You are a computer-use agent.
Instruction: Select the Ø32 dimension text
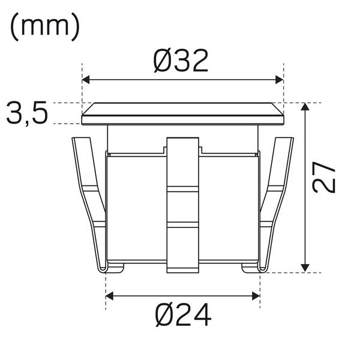[x=182, y=61]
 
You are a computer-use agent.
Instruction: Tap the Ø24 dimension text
[x=183, y=316]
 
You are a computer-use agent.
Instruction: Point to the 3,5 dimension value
[x=27, y=113]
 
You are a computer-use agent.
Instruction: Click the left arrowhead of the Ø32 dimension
[x=85, y=79]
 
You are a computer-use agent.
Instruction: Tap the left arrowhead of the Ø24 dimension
[x=110, y=295]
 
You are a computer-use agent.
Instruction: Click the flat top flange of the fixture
[x=182, y=113]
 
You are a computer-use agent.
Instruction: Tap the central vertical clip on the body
[x=182, y=204]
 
